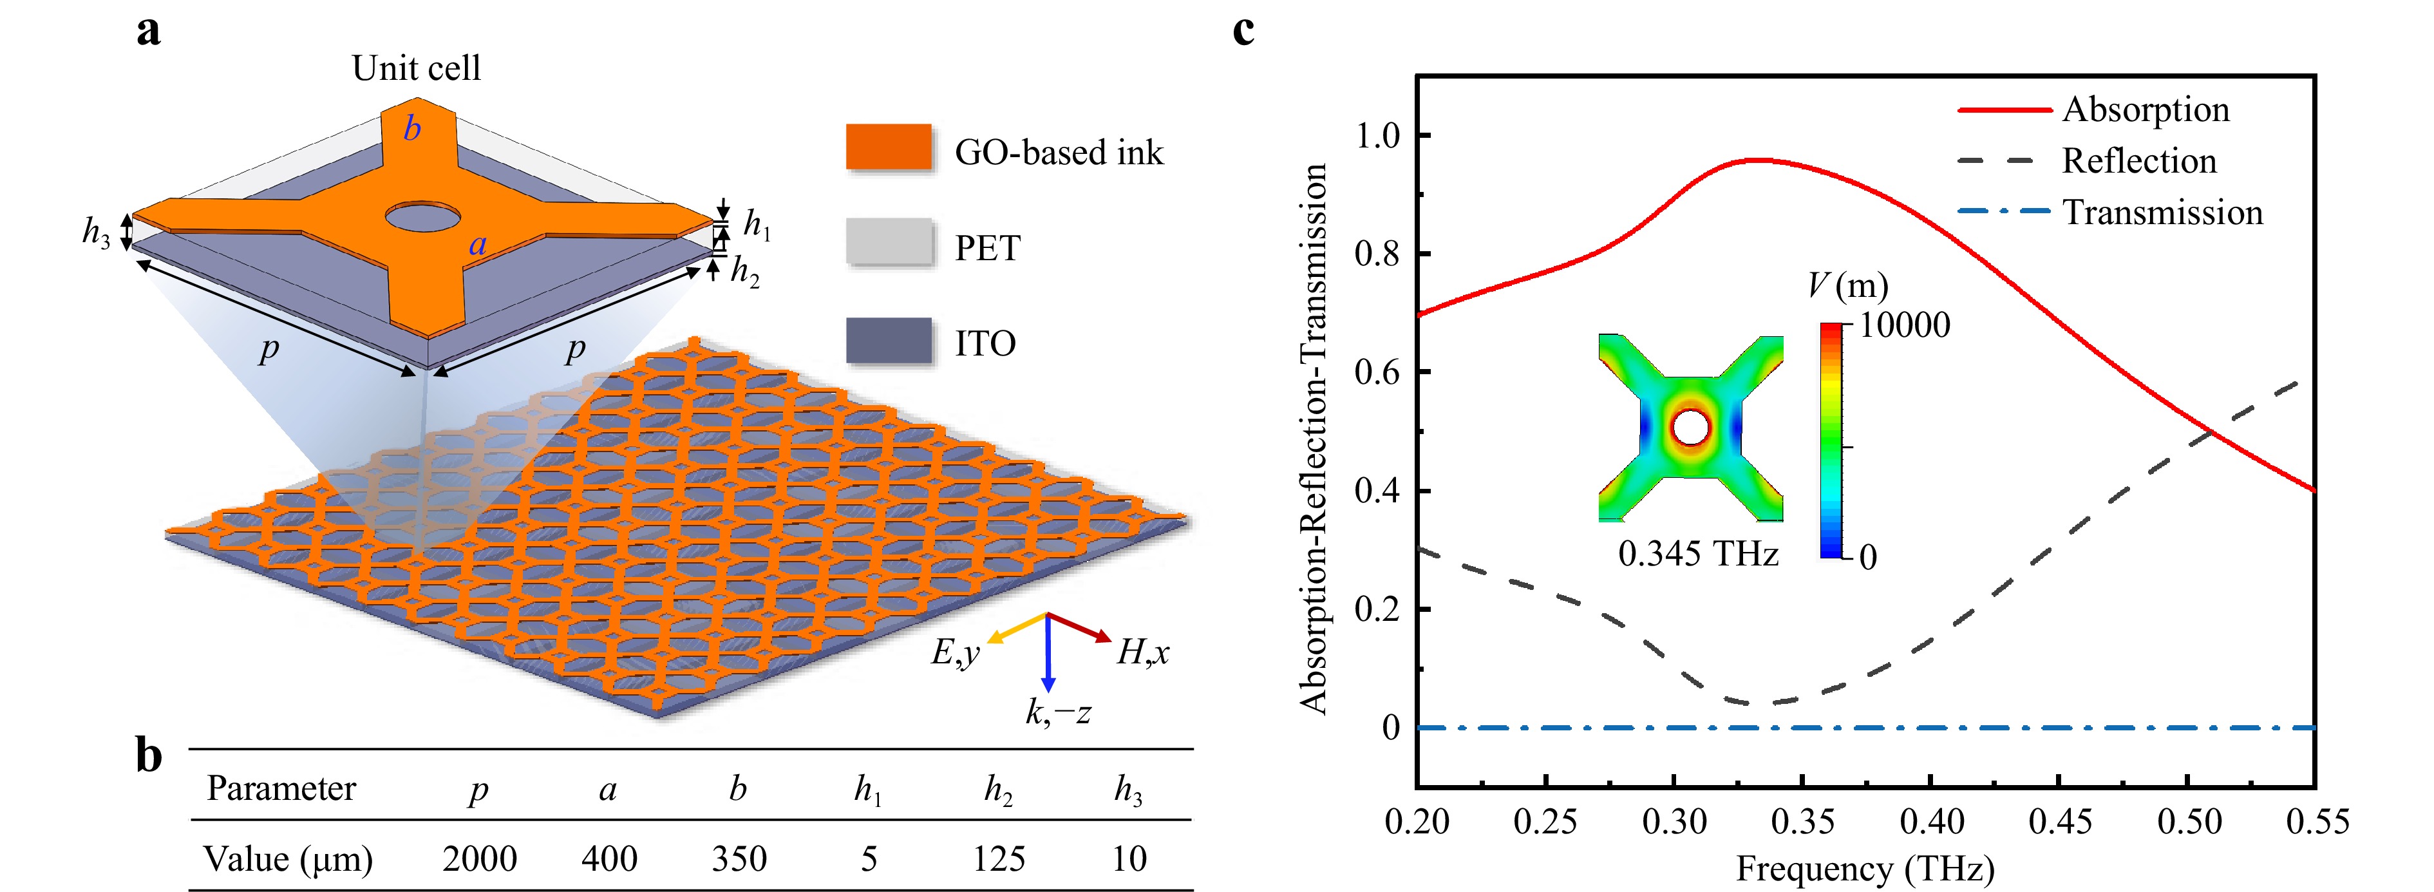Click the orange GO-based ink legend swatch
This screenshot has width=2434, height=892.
[x=888, y=147]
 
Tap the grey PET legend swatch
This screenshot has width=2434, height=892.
[x=888, y=243]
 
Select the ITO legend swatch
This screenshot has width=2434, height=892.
[x=888, y=340]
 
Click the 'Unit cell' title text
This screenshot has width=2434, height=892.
[x=416, y=68]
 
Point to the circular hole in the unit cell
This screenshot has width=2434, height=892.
[x=421, y=216]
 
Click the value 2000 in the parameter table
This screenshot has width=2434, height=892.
[x=479, y=858]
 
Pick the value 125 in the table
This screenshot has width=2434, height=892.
[x=999, y=858]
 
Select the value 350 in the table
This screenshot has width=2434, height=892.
[x=739, y=858]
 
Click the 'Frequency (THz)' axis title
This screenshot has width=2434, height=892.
[x=1865, y=868]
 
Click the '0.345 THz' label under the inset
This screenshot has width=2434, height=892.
[x=1698, y=553]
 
